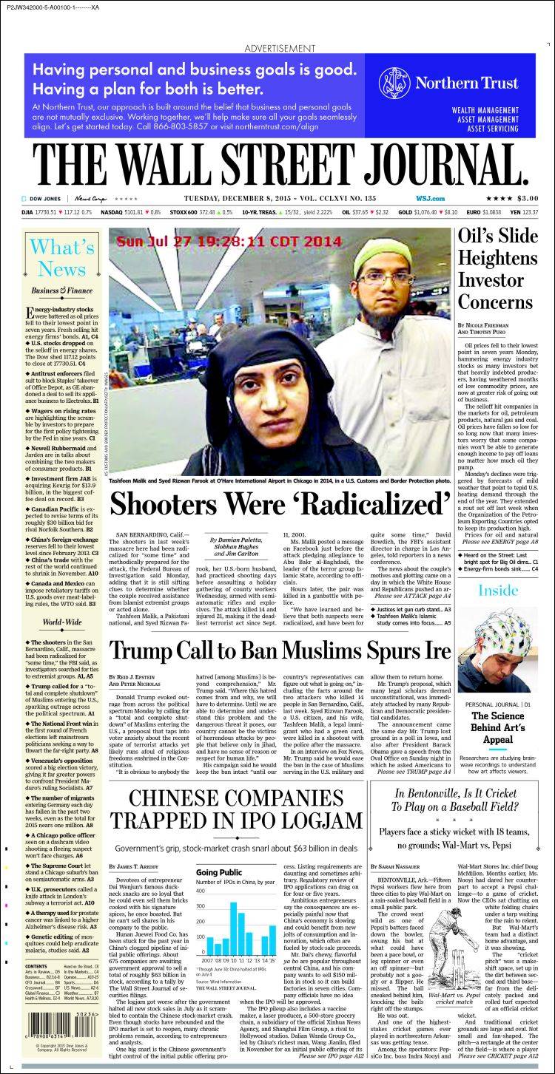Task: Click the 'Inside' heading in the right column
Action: point(497,591)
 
